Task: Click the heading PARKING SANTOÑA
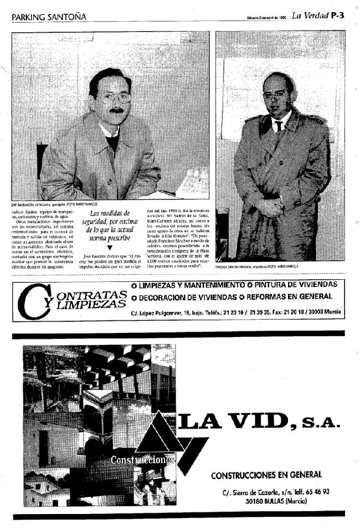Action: click(x=49, y=17)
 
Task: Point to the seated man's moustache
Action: click(x=116, y=109)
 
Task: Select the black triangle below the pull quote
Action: click(x=109, y=247)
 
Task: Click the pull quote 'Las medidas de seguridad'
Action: click(x=109, y=225)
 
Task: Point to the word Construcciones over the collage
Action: click(x=142, y=460)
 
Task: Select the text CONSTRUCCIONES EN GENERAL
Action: click(x=266, y=474)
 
